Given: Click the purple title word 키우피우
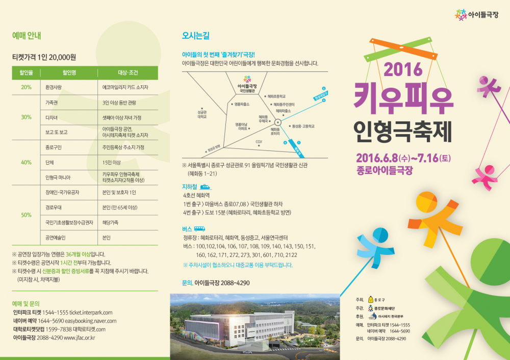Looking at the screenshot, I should (403, 98).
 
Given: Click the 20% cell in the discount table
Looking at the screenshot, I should (26, 87).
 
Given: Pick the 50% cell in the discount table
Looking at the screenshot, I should (26, 215).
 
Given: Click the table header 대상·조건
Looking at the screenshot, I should (128, 73).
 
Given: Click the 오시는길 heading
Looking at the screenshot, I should (196, 36).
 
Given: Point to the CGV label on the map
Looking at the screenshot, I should (259, 142).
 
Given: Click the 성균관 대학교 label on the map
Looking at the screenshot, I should (202, 114).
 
